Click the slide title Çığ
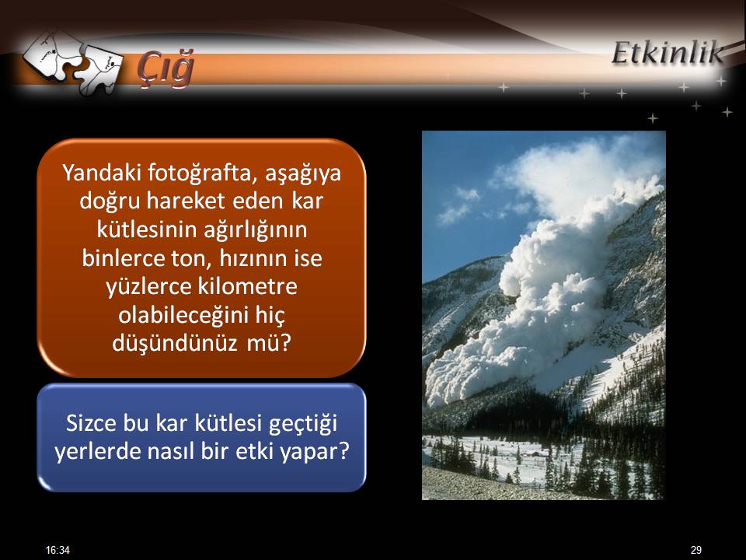[165, 68]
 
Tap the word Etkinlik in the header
[668, 52]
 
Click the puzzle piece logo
[72, 62]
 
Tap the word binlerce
[124, 257]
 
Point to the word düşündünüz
[175, 343]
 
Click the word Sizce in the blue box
[92, 423]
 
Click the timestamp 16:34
[58, 550]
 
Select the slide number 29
[696, 550]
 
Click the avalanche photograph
[543, 315]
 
